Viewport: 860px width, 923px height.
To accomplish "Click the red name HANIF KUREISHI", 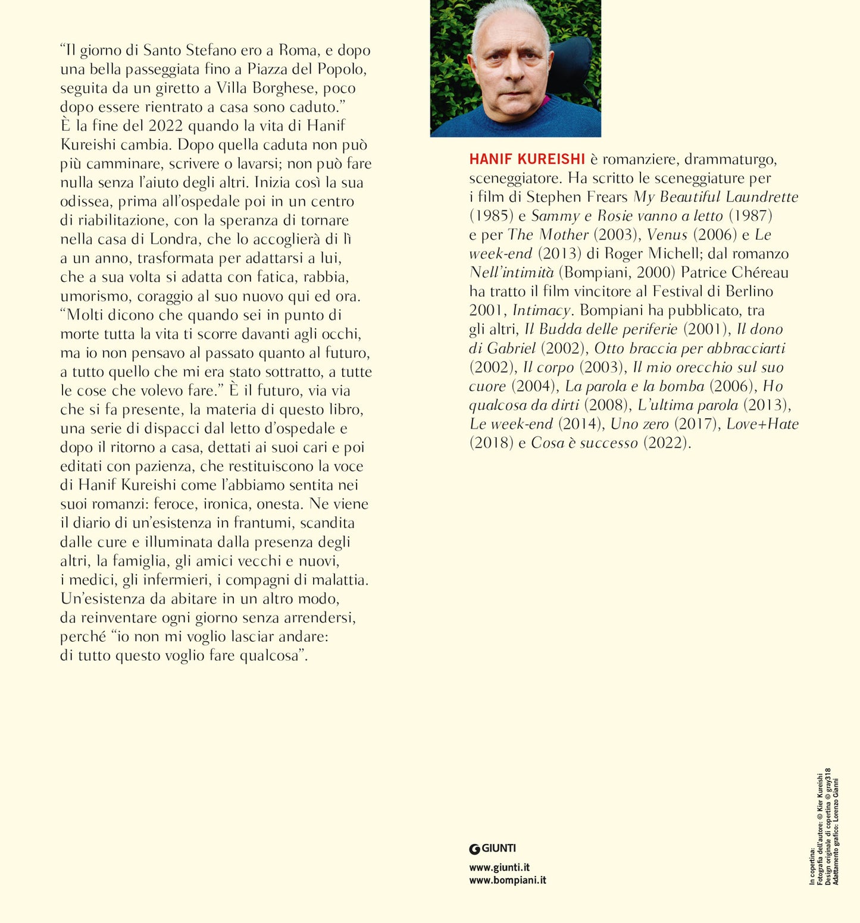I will pos(527,159).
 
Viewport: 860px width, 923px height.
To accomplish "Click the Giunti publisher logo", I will pos(492,849).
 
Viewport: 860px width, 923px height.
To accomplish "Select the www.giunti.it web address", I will pos(499,867).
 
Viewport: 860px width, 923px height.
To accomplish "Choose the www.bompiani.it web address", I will pos(507,880).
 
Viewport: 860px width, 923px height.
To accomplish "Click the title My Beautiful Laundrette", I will pos(715,197).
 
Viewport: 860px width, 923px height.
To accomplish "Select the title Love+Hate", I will pos(762,424).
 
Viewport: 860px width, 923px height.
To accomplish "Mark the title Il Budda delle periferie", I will pos(601,329).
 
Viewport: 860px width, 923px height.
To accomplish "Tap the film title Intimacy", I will pos(541,310).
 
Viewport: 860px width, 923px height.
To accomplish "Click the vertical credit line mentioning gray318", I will pos(828,826).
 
